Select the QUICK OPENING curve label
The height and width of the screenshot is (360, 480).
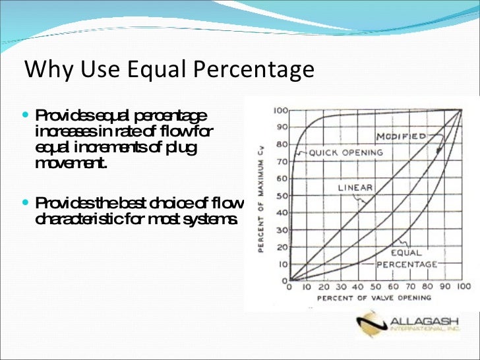click(345, 152)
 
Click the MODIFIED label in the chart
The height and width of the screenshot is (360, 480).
click(401, 136)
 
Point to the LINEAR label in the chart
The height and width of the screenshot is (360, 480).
click(355, 187)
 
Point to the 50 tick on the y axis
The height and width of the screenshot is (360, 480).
click(282, 196)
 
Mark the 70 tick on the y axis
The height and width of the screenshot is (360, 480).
click(282, 161)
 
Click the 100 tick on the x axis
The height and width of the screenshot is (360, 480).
click(464, 287)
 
